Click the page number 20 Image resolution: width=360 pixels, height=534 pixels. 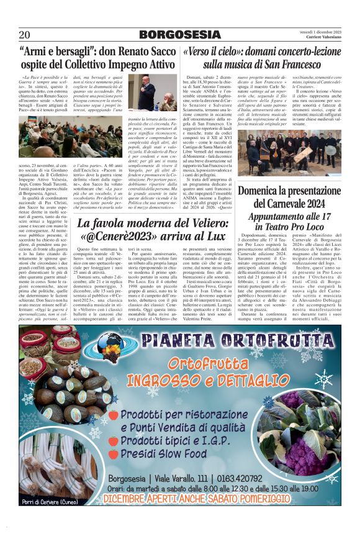point(25,34)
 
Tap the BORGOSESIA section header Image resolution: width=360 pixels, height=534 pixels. point(179,34)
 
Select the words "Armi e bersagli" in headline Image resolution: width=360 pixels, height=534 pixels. point(56,53)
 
